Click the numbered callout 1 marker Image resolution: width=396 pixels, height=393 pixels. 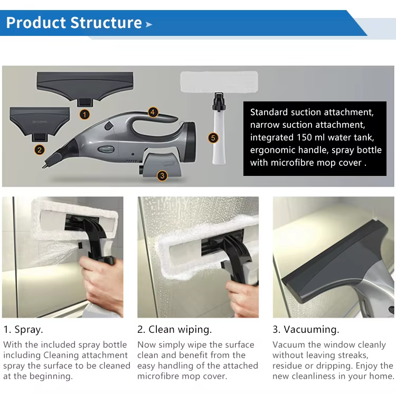click(x=84, y=115)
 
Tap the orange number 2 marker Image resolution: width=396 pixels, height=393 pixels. click(x=40, y=150)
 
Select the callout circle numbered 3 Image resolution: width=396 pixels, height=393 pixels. click(x=162, y=176)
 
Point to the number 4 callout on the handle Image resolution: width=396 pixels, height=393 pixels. click(x=153, y=112)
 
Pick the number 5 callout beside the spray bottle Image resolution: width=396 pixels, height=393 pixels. click(x=213, y=138)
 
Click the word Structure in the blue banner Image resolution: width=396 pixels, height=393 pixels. click(x=106, y=23)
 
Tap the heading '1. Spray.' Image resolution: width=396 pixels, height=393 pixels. click(x=23, y=330)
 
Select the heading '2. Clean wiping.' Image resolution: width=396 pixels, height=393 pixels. click(x=175, y=330)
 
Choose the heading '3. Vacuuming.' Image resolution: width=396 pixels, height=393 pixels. click(x=306, y=330)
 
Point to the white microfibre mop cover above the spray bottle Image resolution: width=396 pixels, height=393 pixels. click(x=219, y=82)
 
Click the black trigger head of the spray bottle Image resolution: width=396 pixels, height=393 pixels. click(x=219, y=101)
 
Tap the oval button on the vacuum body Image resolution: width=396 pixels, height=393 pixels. click(x=106, y=149)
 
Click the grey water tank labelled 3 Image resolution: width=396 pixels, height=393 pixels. click(x=161, y=164)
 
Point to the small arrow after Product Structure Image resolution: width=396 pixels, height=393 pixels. click(x=149, y=24)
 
